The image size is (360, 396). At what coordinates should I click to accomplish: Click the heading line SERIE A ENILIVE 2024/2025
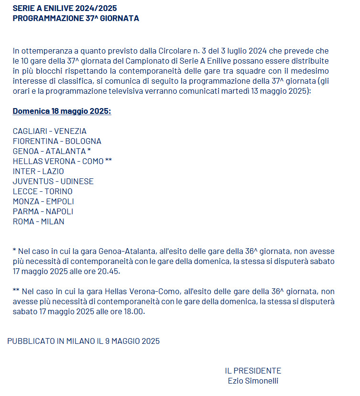click(65, 9)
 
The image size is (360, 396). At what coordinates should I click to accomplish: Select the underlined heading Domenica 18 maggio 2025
click(62, 111)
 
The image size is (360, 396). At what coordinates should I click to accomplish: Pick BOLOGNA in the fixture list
click(83, 141)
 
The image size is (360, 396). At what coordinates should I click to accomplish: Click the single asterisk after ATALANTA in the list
click(89, 151)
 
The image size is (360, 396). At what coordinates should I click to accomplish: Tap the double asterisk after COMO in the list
click(109, 161)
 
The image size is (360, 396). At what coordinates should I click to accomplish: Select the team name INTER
click(23, 171)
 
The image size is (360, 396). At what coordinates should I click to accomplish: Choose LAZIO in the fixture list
click(53, 171)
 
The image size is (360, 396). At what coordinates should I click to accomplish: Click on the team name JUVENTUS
click(32, 181)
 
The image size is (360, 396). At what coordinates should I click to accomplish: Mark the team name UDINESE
click(77, 181)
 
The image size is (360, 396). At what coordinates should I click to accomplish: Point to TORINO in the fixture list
click(59, 191)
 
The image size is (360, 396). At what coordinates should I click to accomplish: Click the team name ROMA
click(23, 221)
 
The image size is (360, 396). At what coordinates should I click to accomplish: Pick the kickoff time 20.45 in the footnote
click(110, 272)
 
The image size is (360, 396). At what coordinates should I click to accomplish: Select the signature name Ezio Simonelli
click(253, 381)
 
